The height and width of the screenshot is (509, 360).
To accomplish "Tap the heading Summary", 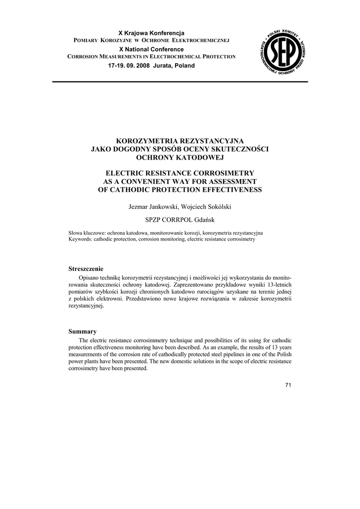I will tap(82, 331).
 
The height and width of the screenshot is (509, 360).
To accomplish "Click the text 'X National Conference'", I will tap(151, 49).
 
